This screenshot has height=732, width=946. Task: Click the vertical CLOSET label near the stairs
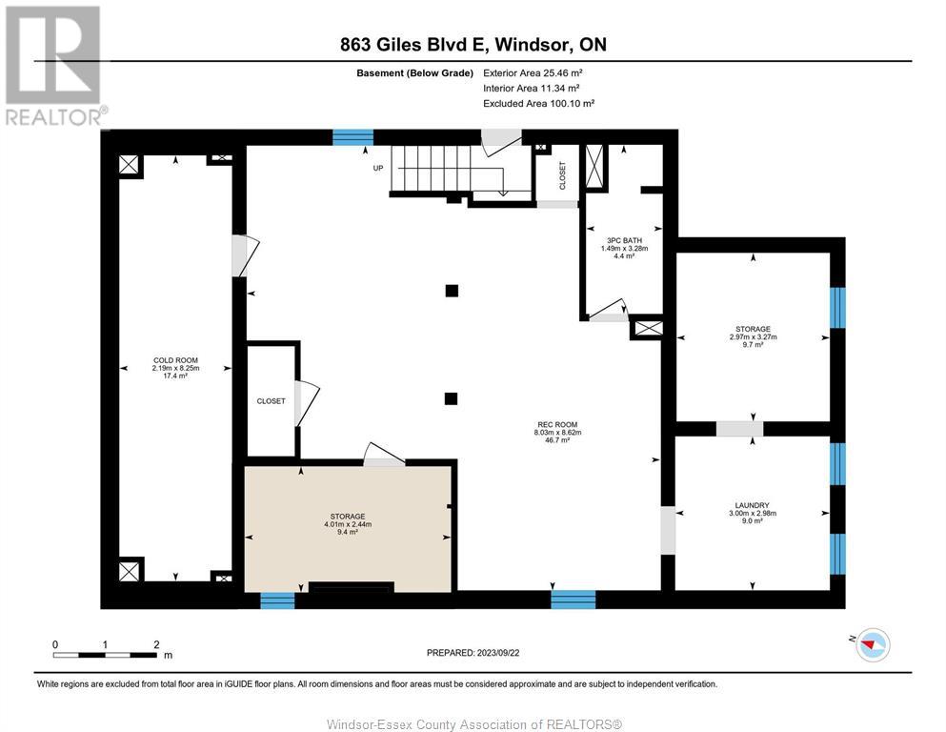(562, 175)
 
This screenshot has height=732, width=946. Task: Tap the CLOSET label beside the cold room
(271, 400)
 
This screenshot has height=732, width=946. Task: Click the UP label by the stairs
(377, 168)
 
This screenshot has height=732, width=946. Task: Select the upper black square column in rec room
(452, 291)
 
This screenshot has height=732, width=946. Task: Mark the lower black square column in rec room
(452, 398)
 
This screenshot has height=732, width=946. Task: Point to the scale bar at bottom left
(105, 654)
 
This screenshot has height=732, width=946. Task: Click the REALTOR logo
(54, 66)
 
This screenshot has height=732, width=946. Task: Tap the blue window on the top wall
(352, 137)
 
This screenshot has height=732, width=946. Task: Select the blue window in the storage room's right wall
(837, 308)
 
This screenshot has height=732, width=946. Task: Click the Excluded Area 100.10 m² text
(539, 103)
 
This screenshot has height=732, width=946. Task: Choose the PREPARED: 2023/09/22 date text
(473, 652)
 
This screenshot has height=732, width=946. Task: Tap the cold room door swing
(246, 255)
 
